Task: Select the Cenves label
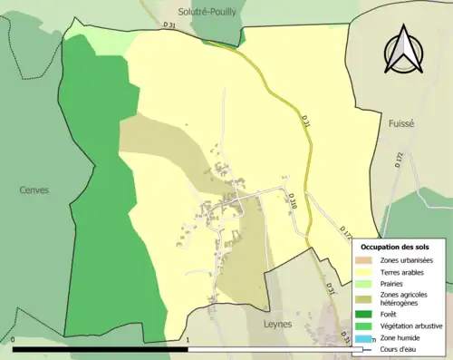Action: tap(34, 190)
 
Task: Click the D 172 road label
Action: tap(399, 159)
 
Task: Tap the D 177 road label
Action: tap(346, 231)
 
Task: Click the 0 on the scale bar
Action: tap(14, 341)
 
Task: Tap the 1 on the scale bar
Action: tap(188, 341)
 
